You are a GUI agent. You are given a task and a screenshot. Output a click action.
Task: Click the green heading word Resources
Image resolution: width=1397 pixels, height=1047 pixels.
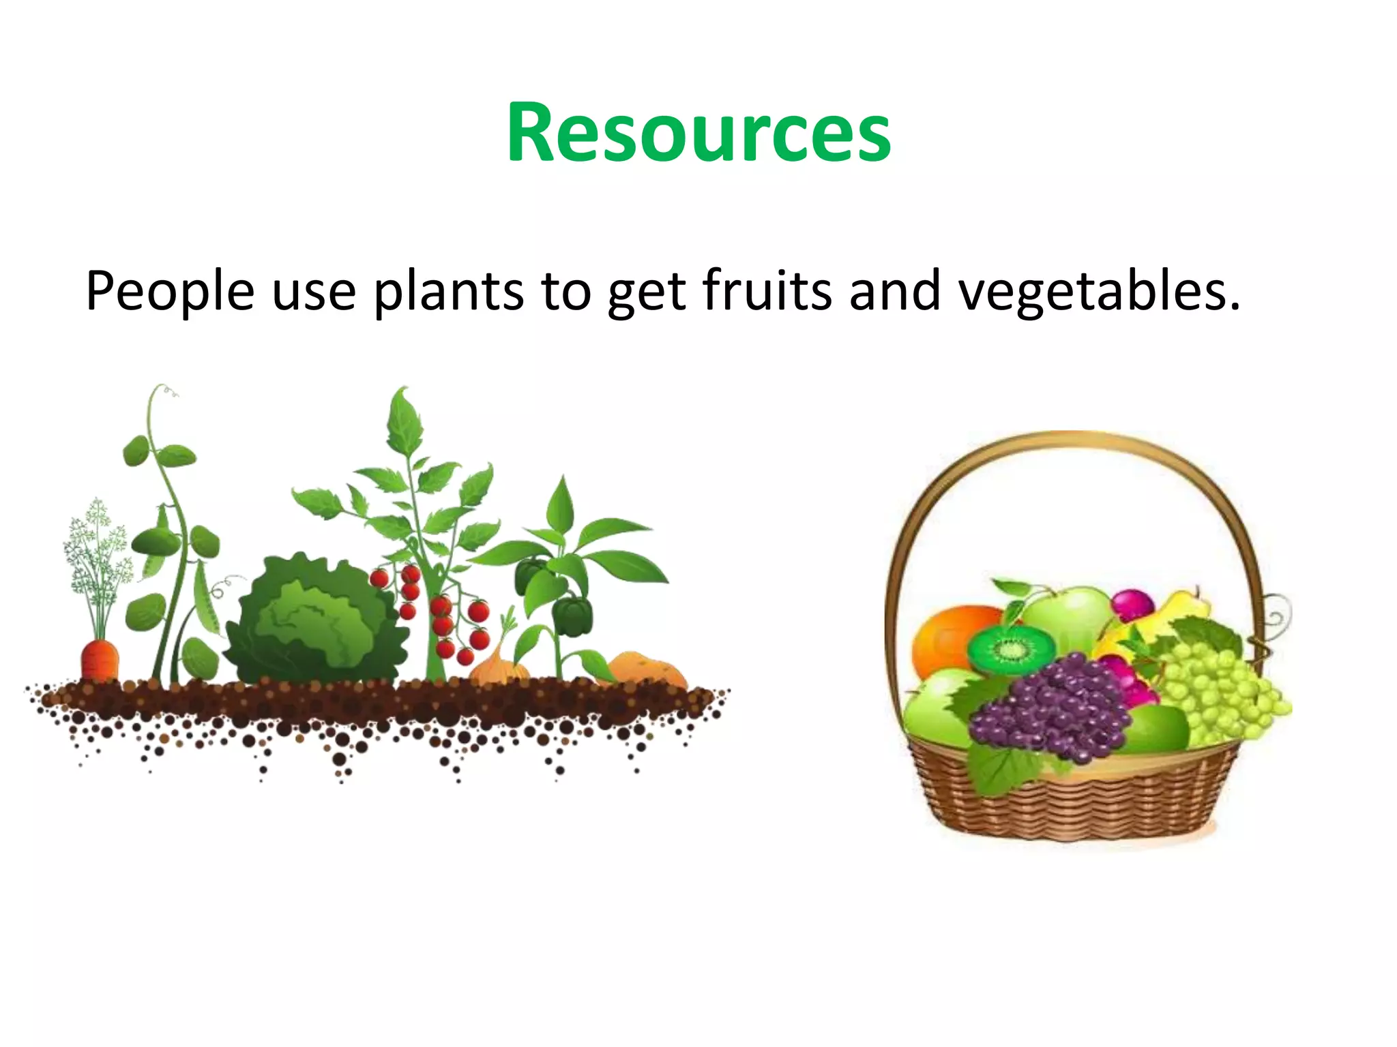pyautogui.click(x=698, y=133)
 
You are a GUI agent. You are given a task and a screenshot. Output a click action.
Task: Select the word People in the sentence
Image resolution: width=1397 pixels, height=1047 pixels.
pyautogui.click(x=170, y=292)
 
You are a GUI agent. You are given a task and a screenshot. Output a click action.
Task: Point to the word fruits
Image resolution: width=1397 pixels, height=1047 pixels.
pyautogui.click(x=767, y=290)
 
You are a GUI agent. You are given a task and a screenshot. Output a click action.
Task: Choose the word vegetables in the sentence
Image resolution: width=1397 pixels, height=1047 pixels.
pyautogui.click(x=1098, y=292)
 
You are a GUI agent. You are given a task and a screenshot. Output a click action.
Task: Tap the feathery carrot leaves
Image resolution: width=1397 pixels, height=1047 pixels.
pyautogui.click(x=98, y=552)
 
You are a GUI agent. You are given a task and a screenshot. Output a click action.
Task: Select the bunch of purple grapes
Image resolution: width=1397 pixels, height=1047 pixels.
pyautogui.click(x=1054, y=709)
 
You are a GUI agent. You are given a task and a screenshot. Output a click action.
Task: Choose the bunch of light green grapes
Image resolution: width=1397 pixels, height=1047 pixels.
pyautogui.click(x=1221, y=688)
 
